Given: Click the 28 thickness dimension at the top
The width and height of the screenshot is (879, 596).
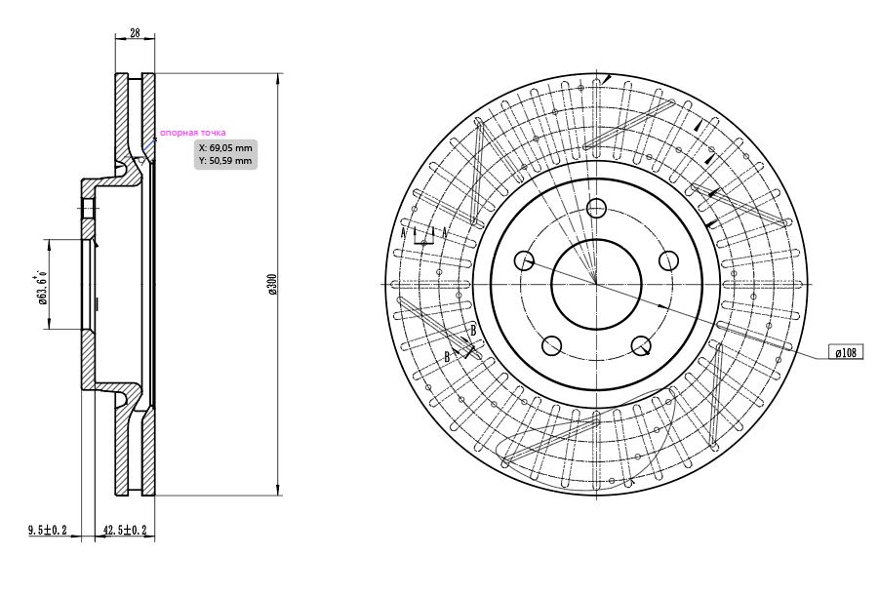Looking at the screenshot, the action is coord(135,32).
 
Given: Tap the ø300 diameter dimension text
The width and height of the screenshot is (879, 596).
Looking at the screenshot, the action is coord(272,284).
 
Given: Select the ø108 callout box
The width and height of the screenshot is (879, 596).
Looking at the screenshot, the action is coord(846,352).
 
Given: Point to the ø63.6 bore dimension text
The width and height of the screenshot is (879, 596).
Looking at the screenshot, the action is coord(41,286).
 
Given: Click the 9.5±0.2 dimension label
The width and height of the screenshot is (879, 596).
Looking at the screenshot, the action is coord(48,530).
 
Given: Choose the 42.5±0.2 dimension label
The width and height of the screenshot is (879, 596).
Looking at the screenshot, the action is coord(126,530).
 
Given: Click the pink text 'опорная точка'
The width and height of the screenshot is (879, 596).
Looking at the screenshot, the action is coord(193,133).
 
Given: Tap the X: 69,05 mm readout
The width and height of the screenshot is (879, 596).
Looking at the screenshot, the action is coord(226,148).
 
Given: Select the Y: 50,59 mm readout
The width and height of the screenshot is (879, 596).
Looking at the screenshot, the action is coord(226,161).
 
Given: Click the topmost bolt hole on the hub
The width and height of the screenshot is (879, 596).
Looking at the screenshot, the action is coord(596,208).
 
